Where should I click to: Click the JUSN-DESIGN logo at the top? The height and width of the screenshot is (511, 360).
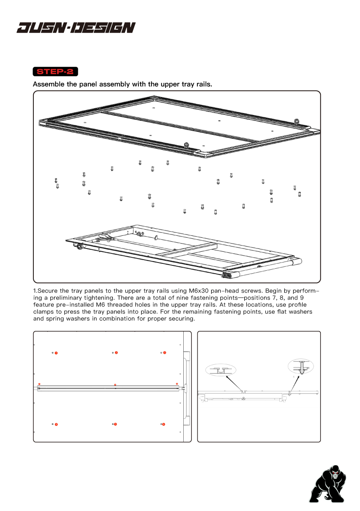76,28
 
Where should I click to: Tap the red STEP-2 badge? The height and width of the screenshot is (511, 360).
55,71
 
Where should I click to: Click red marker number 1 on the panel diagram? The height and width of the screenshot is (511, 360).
56,353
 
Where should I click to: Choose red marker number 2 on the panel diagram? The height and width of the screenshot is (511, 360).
117,353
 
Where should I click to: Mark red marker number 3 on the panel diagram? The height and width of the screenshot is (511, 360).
164,353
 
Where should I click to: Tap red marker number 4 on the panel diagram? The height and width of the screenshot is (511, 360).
56,424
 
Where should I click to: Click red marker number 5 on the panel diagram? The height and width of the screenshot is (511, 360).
116,424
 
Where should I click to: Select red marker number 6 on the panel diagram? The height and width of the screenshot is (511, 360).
164,424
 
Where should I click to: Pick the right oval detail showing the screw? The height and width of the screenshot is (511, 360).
301,367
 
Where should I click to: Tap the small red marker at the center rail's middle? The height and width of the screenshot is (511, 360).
115,384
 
